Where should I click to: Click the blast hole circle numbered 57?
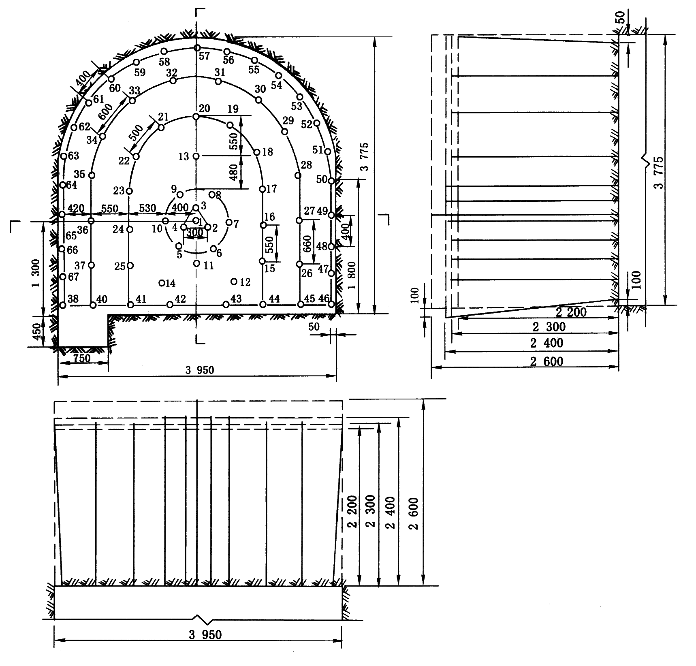coord(196,48)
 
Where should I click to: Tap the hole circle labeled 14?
coord(162,283)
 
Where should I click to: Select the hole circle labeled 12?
coord(234,282)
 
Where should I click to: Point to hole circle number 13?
coord(196,156)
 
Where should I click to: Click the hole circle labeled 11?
coord(196,263)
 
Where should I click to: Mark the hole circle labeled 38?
coord(62,305)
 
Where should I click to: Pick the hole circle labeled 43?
coord(226,305)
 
